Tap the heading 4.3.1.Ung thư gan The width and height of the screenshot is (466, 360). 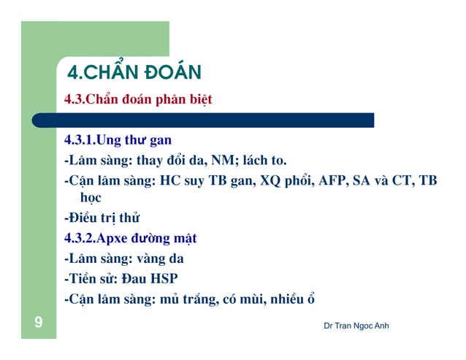[118, 139]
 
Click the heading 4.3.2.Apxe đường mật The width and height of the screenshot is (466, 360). [130, 238]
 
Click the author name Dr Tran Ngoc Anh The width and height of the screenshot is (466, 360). [356, 325]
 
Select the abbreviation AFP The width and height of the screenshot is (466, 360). [333, 180]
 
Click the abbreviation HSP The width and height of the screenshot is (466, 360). [164, 278]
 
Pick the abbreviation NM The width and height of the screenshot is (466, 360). [225, 160]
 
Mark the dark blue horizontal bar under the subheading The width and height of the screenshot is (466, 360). [219, 120]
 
